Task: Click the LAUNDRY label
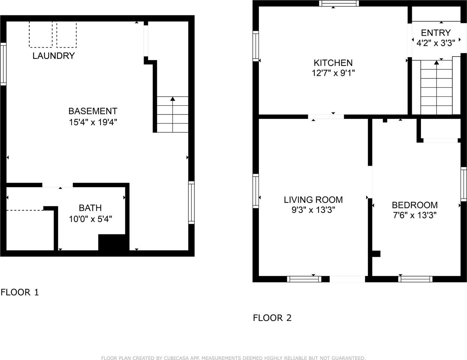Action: (54, 56)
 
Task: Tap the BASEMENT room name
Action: (93, 111)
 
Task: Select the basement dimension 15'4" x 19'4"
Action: (93, 122)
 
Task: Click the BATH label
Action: (90, 208)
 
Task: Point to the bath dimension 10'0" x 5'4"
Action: (90, 219)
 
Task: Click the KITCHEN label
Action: (333, 63)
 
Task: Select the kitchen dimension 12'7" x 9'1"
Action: (333, 73)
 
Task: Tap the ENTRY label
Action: (435, 33)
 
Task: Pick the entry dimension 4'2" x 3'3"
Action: (435, 43)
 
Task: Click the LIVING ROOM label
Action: (313, 199)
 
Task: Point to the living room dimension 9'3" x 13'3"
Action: (313, 210)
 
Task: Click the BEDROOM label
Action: (414, 205)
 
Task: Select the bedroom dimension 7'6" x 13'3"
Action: (414, 215)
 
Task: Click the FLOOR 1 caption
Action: (20, 292)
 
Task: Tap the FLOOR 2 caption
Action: (272, 318)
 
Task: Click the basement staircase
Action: (173, 114)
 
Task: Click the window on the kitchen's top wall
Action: (339, 3)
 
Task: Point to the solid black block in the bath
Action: (113, 242)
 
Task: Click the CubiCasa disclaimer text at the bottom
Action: (233, 358)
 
